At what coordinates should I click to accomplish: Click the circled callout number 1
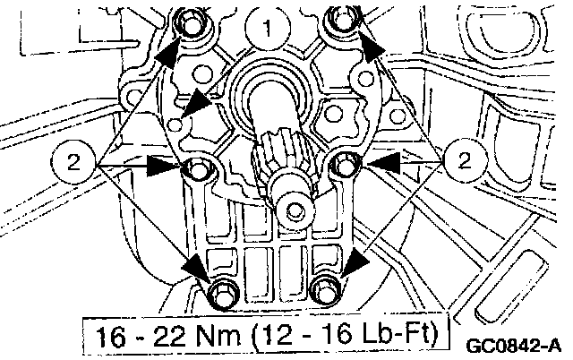point(268,28)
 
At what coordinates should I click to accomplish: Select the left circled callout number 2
point(73,161)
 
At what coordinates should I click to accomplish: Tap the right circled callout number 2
point(465,160)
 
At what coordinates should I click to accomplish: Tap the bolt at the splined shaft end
point(294,211)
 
